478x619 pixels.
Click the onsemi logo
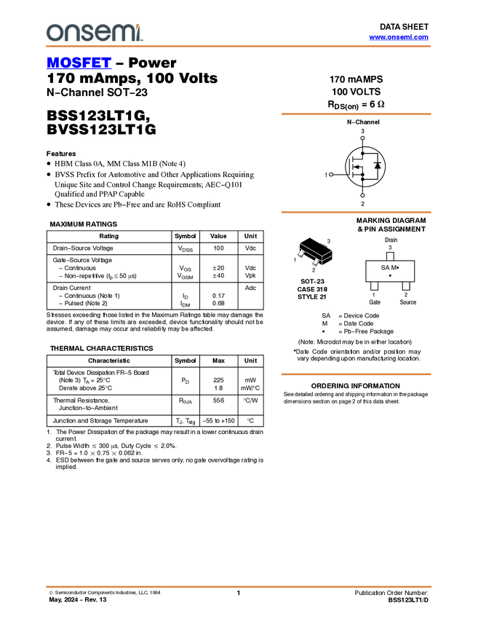[95, 32]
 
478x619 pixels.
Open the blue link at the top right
[399, 37]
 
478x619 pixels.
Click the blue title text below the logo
[79, 63]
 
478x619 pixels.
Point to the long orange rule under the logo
[238, 47]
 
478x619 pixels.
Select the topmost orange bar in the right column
[356, 114]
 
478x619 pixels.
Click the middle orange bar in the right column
[356, 212]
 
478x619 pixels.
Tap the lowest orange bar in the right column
[356, 374]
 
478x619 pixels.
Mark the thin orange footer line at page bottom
[238, 586]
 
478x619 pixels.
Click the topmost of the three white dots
[362, 138]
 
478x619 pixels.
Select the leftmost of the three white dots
[331, 174]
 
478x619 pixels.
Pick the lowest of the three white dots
[362, 195]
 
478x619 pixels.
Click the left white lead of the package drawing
[300, 253]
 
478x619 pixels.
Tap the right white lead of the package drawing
[316, 261]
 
